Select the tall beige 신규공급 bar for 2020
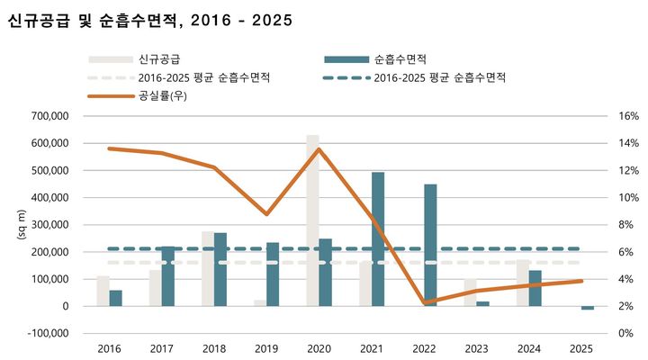(x=312, y=220)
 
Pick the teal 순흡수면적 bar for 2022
(x=430, y=245)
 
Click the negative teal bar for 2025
(x=587, y=308)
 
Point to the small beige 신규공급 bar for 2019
(x=260, y=302)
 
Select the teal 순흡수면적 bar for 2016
(x=116, y=298)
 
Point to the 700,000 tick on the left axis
(x=50, y=116)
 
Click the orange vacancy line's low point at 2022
(x=423, y=302)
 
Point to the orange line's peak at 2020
(x=319, y=149)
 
